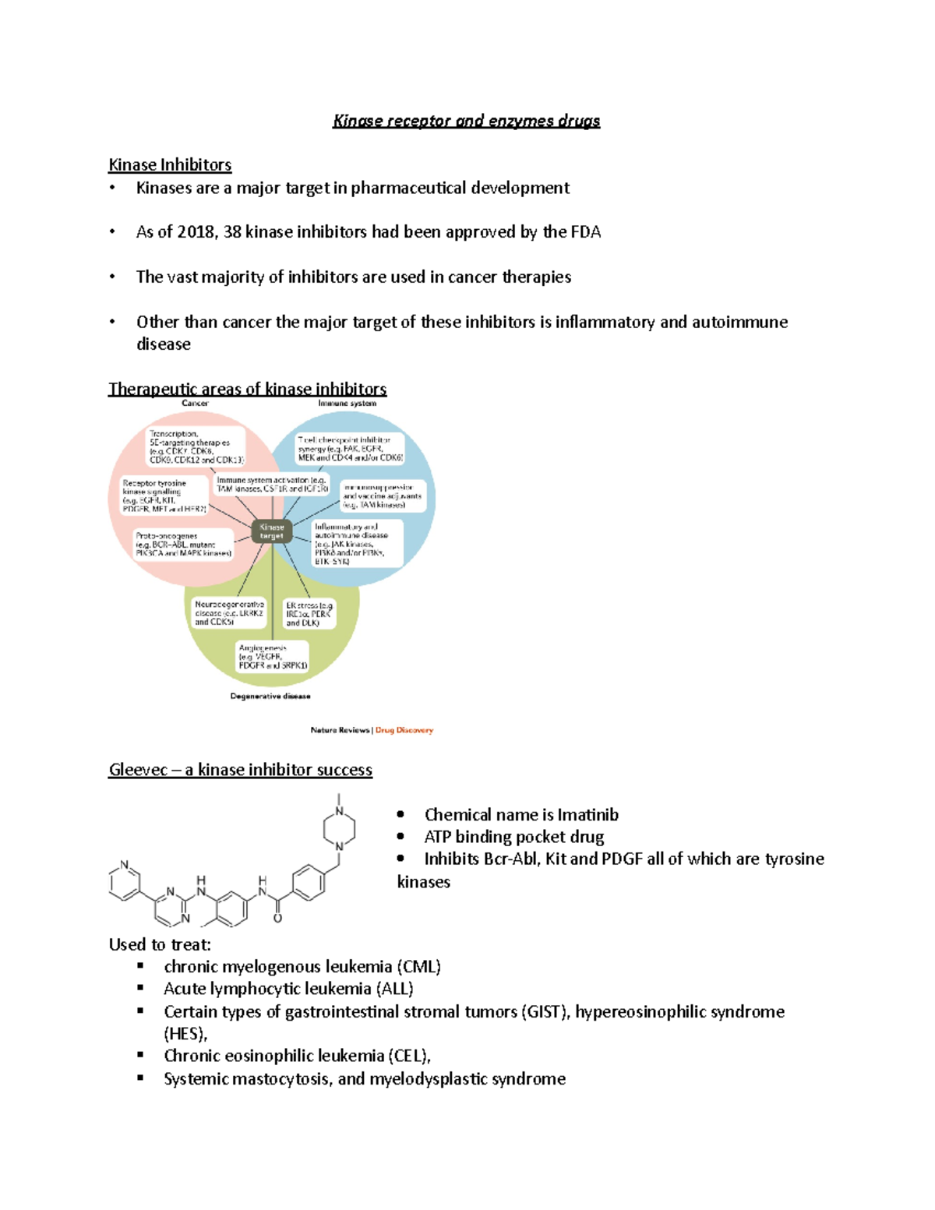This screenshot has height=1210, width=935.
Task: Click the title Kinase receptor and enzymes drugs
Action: (x=466, y=121)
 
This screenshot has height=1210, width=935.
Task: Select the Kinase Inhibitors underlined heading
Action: (x=170, y=165)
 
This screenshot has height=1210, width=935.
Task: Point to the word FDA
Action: (x=585, y=232)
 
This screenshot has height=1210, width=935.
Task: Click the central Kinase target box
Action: (x=272, y=531)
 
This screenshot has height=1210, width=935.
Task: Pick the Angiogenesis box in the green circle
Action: (x=273, y=657)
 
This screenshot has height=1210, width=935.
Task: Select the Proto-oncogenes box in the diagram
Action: (x=184, y=545)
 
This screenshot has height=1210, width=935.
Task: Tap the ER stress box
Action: (x=309, y=614)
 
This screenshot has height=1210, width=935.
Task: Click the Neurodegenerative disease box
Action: (x=229, y=613)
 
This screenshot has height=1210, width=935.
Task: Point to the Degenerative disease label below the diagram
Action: (x=270, y=697)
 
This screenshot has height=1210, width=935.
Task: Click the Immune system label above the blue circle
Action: (x=347, y=404)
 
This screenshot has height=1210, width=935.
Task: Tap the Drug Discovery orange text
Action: (x=404, y=730)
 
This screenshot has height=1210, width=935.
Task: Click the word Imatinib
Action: (x=587, y=815)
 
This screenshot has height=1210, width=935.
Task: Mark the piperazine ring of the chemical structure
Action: (x=340, y=829)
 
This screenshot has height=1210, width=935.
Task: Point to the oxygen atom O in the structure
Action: (x=277, y=919)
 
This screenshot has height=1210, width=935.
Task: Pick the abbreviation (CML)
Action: (x=418, y=967)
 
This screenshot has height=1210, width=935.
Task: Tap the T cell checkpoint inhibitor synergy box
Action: (x=351, y=449)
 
